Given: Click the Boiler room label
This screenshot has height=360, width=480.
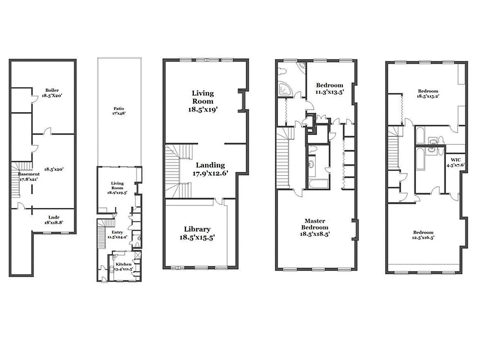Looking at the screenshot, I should [52, 90].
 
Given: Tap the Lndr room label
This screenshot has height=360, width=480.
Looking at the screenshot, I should [53, 217].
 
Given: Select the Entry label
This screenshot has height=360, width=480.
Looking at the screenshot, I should [117, 232].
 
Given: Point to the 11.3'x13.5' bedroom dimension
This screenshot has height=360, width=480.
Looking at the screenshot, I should [329, 92].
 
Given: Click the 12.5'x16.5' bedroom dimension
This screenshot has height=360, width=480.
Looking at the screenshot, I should [423, 238].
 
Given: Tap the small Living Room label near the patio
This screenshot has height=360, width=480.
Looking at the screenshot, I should [117, 184].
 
